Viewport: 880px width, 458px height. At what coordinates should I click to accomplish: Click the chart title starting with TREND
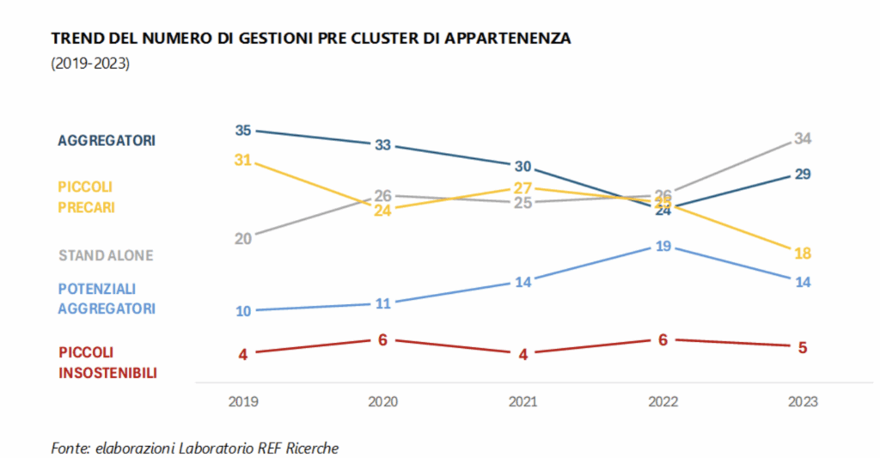[x=311, y=39]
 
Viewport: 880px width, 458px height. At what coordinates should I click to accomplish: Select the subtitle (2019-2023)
[x=90, y=64]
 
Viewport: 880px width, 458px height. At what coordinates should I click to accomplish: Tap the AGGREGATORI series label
[x=107, y=140]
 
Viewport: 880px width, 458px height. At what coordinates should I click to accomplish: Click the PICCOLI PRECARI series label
[x=86, y=197]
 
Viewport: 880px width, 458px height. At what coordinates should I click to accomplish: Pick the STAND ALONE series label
[x=106, y=255]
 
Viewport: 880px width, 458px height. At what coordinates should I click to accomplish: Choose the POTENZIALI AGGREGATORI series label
[x=107, y=298]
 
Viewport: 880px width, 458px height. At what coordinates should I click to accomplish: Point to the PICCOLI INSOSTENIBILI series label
[x=108, y=362]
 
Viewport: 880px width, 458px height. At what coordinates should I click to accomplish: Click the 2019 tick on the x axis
[x=243, y=401]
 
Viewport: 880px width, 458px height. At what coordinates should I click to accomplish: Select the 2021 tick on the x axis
[x=523, y=401]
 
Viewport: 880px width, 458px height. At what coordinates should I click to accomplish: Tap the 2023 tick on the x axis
[x=804, y=401]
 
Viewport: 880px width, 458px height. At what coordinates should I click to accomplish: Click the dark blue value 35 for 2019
[x=243, y=131]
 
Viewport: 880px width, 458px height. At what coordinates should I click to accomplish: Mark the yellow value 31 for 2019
[x=243, y=160]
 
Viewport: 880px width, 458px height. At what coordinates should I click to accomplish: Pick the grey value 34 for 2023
[x=804, y=138]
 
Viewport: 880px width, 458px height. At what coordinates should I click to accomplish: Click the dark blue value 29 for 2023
[x=804, y=174]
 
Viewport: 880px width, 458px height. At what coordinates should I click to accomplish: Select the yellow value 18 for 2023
[x=804, y=253]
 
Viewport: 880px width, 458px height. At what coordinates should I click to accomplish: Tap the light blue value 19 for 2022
[x=663, y=247]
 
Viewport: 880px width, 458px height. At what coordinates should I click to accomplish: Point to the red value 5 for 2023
[x=804, y=347]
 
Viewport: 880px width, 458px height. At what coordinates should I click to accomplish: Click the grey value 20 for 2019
[x=243, y=238]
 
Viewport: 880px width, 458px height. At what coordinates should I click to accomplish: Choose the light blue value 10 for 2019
[x=243, y=311]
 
